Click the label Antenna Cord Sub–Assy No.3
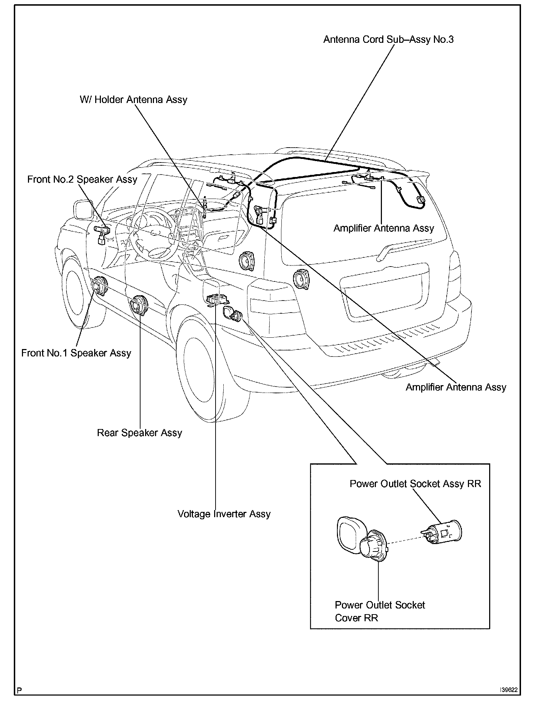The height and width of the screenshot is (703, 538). tap(388, 39)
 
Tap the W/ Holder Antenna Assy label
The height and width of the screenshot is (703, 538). tap(133, 100)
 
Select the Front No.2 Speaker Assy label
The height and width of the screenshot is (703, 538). tap(82, 179)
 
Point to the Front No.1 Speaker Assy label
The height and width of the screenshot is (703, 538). tap(76, 353)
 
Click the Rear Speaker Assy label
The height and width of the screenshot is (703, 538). tap(139, 433)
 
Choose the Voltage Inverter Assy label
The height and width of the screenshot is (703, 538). tap(224, 514)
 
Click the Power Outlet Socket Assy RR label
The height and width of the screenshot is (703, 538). tap(415, 484)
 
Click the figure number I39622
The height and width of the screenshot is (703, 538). tap(509, 690)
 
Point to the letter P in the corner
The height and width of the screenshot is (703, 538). tap(19, 690)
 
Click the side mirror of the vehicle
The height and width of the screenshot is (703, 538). tap(83, 210)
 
